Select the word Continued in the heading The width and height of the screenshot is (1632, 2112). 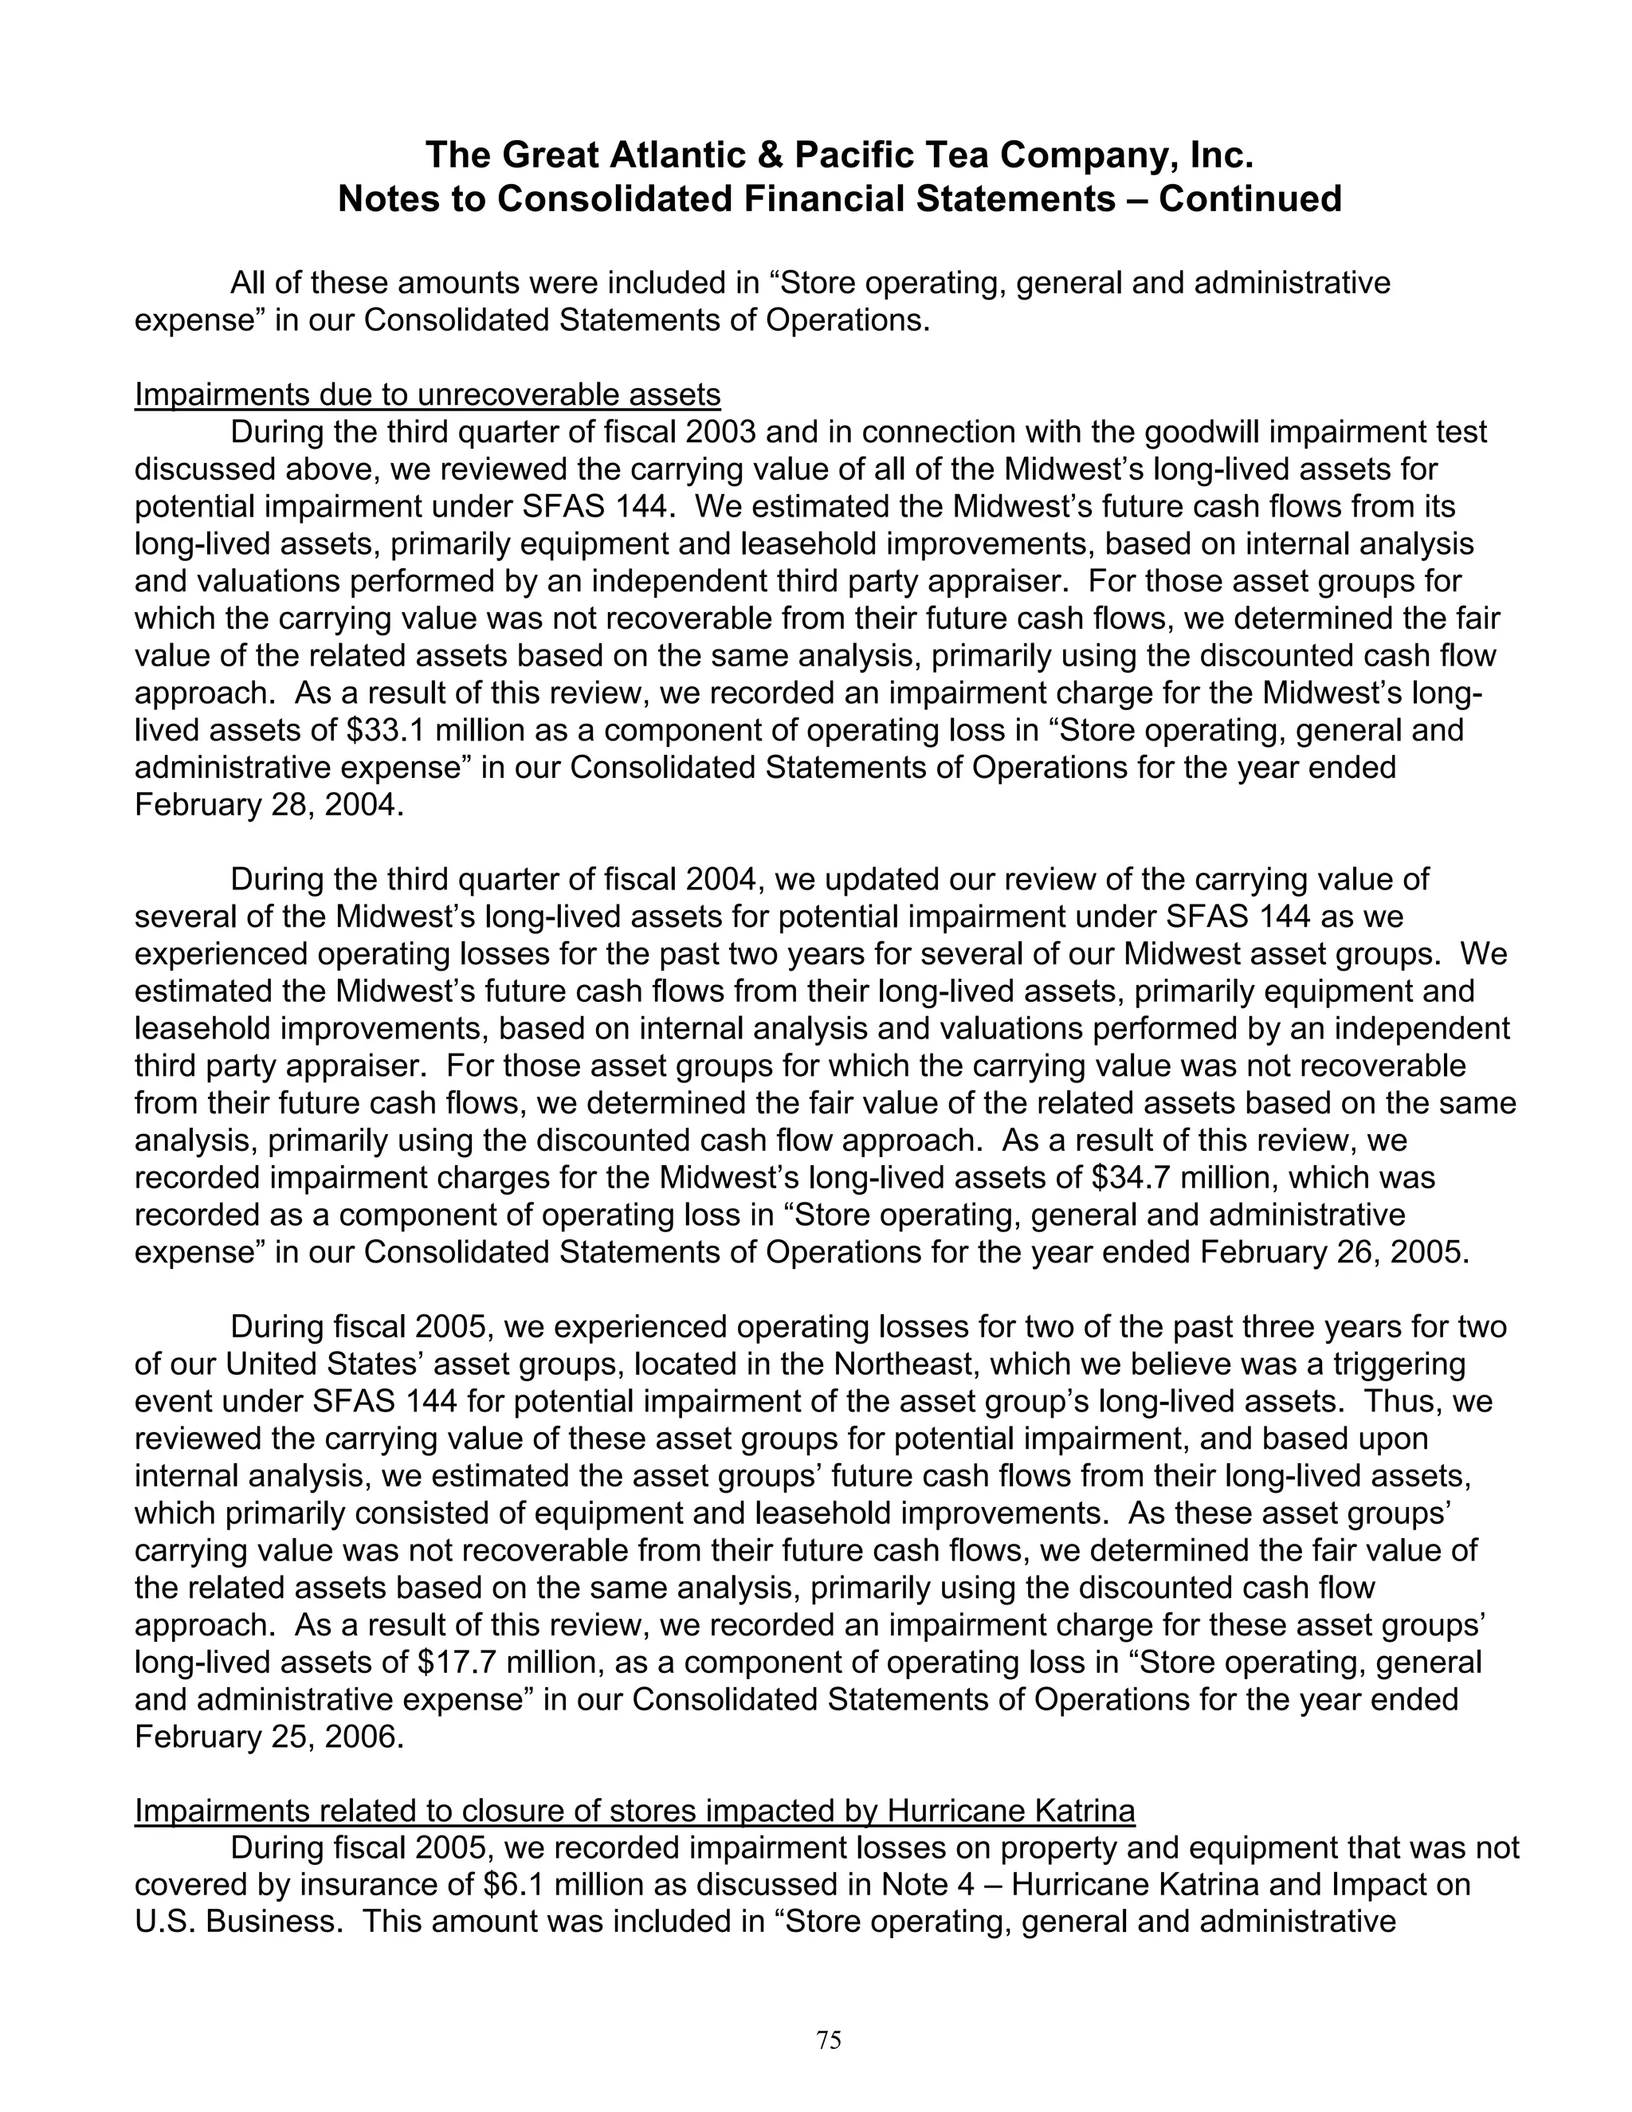(1250, 199)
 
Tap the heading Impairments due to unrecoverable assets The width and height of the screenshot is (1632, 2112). (427, 395)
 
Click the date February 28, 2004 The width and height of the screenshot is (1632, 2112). (269, 805)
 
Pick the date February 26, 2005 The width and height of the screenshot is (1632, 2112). (1334, 1252)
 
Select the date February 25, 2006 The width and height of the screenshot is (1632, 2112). (269, 1737)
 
